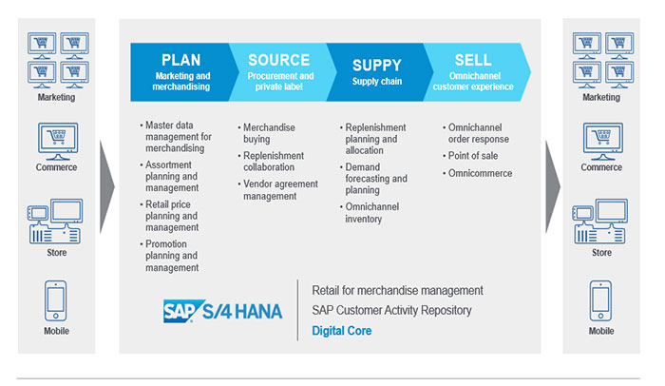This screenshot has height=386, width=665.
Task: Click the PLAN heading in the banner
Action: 180,59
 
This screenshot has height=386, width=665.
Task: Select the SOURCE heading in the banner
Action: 278,59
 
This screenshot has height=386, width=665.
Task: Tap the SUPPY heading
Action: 377,65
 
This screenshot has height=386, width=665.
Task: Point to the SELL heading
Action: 472,59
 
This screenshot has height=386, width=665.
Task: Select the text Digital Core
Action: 341,331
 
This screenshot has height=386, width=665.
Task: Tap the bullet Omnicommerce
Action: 481,173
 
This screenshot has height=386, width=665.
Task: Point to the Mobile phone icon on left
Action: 56,300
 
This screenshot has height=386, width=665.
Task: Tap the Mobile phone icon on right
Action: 601,300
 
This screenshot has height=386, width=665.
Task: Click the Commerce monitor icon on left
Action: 56,140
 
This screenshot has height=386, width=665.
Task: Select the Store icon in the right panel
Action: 601,222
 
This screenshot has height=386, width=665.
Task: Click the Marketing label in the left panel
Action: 56,97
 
